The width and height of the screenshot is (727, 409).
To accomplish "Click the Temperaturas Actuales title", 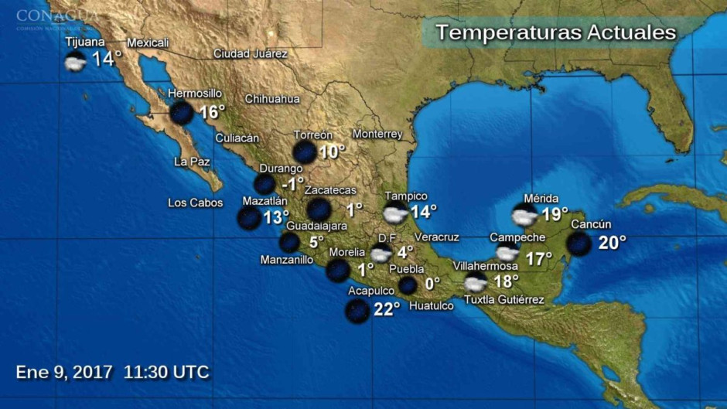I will coord(555,32).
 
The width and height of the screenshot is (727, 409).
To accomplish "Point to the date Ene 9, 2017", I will coord(64,372).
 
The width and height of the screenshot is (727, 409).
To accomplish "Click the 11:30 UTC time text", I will coord(166,372).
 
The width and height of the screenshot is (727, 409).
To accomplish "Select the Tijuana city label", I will coord(85,42).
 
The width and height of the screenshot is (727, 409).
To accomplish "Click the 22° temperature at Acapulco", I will coord(386,308).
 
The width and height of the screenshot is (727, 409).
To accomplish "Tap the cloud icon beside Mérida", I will coord(524,214).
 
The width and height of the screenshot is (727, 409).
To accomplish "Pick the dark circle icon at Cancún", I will coord(579,244).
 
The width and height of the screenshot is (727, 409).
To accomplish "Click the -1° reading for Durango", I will coord(292,184).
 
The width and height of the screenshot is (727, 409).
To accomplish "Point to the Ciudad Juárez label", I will coord(251,54).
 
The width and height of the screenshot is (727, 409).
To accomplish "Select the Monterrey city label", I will coord(377,134).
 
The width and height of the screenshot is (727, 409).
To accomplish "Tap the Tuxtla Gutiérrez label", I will coord(503,300).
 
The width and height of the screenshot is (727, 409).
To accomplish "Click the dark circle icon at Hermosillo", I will coord(182,113).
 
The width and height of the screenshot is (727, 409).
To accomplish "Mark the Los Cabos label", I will coord(196,203).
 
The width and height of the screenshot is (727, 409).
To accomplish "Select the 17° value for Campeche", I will coord(539,258).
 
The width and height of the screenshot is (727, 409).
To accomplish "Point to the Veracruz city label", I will coord(437,237).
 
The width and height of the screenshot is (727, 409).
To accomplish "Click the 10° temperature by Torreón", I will coord(332,152).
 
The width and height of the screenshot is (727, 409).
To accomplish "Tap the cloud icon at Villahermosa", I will coord(475,282).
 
